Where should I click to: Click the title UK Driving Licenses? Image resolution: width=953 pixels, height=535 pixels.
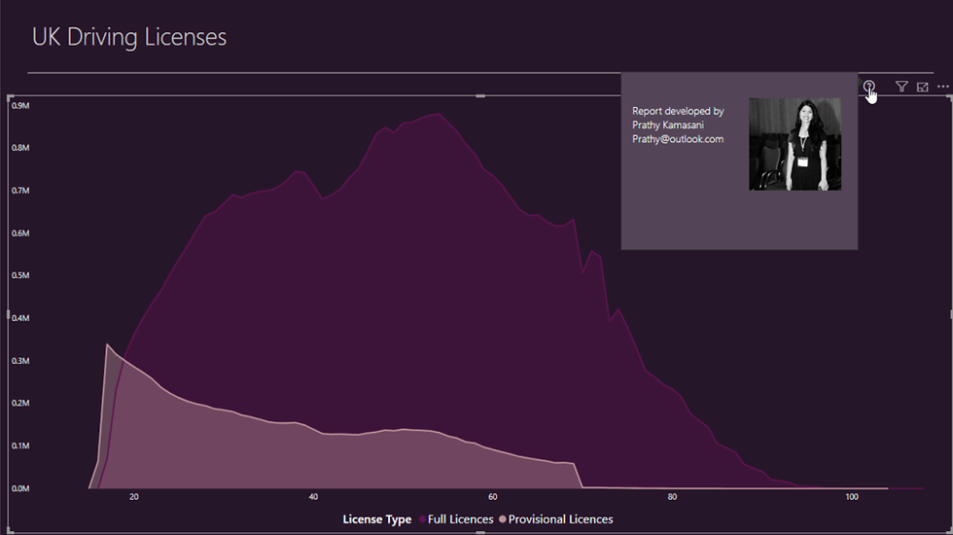(129, 38)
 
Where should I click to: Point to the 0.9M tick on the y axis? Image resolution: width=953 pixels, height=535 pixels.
(21, 106)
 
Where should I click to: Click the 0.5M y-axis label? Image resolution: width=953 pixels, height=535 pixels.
(21, 276)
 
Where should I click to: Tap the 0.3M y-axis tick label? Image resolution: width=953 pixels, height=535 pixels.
(21, 361)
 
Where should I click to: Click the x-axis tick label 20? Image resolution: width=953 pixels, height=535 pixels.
(134, 498)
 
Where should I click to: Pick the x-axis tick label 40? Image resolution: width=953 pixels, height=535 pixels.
(313, 498)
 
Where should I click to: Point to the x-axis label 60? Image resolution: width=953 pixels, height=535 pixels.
(493, 498)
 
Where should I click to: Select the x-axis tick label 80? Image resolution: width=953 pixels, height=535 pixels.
(672, 498)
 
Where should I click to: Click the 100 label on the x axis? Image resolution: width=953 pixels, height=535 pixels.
(852, 498)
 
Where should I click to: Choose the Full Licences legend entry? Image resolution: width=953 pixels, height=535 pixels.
(460, 519)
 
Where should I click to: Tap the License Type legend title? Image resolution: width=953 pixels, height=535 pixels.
(376, 519)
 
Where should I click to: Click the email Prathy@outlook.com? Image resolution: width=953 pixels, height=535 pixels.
(678, 139)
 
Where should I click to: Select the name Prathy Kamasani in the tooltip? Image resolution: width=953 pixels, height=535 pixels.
(668, 125)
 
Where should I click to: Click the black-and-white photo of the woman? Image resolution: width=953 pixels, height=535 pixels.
(794, 144)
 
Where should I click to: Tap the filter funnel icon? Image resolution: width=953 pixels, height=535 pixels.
(901, 88)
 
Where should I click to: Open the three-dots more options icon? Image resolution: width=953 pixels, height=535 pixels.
(942, 88)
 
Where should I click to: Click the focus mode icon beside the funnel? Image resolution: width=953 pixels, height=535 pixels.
(922, 88)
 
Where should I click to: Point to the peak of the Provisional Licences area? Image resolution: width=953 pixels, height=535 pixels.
(107, 345)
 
